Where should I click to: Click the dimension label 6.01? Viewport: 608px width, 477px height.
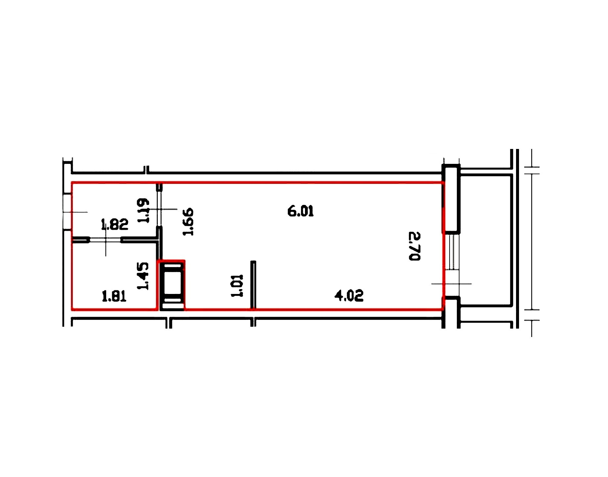coord(300,211)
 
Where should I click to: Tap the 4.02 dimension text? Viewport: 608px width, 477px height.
coord(349,295)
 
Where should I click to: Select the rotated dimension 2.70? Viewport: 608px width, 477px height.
coord(414,246)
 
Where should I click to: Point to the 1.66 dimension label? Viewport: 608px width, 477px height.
coord(188,221)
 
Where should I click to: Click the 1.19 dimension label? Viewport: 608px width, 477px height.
coord(143,211)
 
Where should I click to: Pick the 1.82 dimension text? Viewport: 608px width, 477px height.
coord(114,224)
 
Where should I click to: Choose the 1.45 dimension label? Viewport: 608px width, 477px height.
coord(143,276)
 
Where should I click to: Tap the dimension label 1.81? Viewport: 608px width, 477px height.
coord(114,296)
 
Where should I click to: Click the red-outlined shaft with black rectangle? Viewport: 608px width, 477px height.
coord(172,285)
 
